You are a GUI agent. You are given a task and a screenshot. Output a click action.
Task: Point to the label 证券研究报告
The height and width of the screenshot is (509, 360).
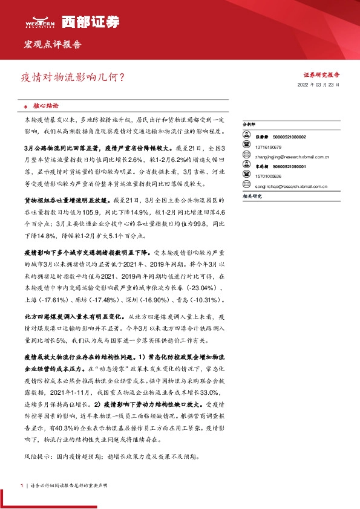(x=321, y=75)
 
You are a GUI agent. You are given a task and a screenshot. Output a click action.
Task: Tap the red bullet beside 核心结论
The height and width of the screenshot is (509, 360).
(x=27, y=104)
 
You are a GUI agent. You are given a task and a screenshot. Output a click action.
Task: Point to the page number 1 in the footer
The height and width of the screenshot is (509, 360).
(x=21, y=485)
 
